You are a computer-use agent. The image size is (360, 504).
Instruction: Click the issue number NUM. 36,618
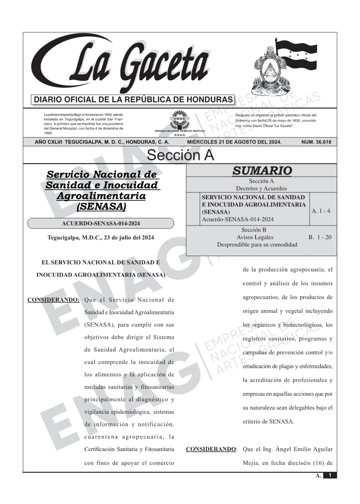(316, 142)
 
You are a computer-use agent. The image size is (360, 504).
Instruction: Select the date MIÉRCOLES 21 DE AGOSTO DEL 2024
(234, 142)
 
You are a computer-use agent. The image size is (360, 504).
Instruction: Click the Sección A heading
(180, 155)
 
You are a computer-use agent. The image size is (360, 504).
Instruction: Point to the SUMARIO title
(262, 171)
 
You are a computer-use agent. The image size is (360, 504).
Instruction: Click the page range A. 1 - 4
(321, 211)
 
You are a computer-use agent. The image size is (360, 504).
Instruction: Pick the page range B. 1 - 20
(320, 237)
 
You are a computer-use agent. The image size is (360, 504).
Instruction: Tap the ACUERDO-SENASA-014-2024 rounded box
(101, 224)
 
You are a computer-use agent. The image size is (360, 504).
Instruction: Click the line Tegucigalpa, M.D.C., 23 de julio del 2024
(101, 238)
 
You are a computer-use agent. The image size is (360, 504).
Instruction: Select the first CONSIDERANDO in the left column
(53, 300)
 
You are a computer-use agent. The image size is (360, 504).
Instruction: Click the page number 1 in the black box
(330, 475)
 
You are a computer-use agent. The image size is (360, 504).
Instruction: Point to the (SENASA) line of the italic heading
(101, 207)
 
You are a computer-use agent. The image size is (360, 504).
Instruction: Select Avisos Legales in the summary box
(255, 237)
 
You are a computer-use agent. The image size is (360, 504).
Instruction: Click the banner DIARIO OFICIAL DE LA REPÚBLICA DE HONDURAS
(133, 100)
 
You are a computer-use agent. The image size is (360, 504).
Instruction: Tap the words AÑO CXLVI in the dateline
(49, 142)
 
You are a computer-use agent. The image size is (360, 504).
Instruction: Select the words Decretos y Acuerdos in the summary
(261, 188)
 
